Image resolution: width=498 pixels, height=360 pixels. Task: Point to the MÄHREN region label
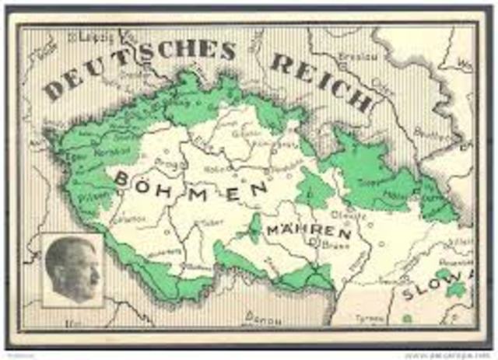click(308, 231)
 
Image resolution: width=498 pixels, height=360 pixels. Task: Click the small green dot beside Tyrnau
click(405, 317)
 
